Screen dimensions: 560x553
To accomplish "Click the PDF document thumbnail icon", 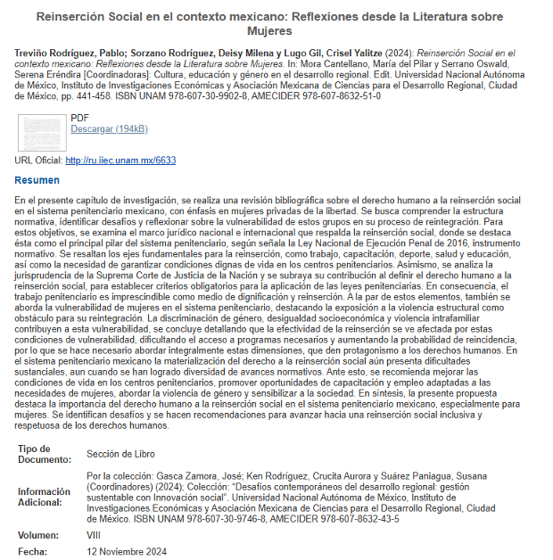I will coord(40,131).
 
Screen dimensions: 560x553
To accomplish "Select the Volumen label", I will coord(39,536).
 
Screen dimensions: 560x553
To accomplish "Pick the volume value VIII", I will coord(95,536).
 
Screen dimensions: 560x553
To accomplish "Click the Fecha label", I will coord(33,552).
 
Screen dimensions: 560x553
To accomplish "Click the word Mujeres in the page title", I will coord(276,31).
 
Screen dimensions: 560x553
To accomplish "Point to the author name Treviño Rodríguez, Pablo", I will coord(70,54).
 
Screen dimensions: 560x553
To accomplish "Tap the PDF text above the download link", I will coord(79,117).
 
